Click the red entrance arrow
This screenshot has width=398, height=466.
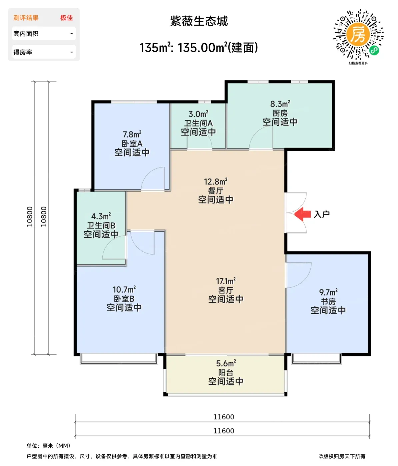point(303,214)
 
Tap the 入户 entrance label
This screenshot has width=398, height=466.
point(322,214)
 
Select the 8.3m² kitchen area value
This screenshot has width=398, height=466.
point(280,104)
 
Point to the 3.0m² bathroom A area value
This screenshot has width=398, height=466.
point(198,114)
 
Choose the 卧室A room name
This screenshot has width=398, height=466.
point(132,143)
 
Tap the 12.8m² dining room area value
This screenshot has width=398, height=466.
point(216,181)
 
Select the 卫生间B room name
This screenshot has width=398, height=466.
point(101,225)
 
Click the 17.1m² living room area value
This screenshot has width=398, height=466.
point(226,281)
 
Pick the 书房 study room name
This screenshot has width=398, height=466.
point(328,302)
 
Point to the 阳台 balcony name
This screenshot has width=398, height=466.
point(226,372)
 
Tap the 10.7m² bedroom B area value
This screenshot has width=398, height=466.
point(124,290)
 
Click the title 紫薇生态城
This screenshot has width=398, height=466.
point(199,21)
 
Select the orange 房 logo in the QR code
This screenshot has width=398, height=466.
point(358,34)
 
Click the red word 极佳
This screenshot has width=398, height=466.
point(67,18)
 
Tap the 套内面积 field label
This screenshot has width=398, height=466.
point(26,34)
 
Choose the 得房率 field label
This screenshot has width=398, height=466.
point(23,52)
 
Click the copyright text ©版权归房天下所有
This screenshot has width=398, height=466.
point(342,456)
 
